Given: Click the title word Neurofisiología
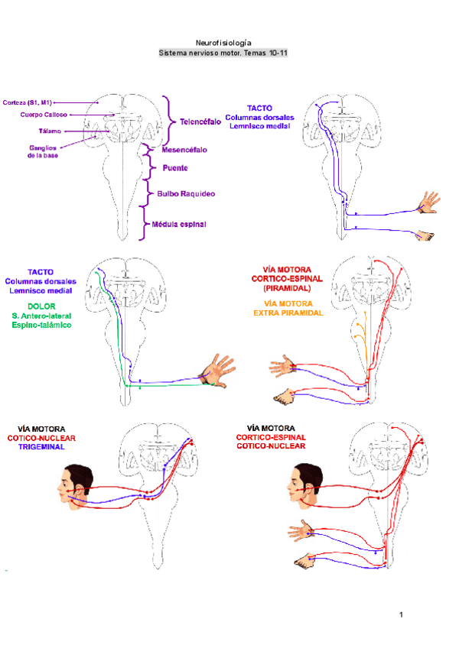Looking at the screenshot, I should (x=223, y=44).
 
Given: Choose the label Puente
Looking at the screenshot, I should (x=175, y=167).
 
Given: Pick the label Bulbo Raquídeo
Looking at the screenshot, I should (x=186, y=194).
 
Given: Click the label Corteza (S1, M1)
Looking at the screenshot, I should (x=28, y=102).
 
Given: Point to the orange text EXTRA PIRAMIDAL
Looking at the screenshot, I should (x=288, y=313).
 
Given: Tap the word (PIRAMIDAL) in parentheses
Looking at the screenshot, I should (x=288, y=290).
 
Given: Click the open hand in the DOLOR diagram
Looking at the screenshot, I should (x=220, y=370).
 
